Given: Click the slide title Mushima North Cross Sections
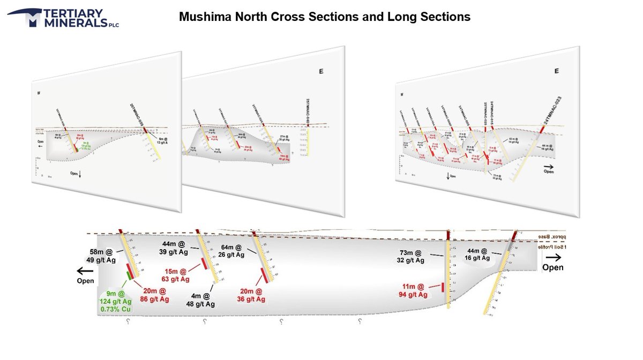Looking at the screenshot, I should coord(324,17).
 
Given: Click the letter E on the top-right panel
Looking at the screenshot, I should coord(557,71).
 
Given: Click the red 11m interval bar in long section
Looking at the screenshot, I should coord(443,287).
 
